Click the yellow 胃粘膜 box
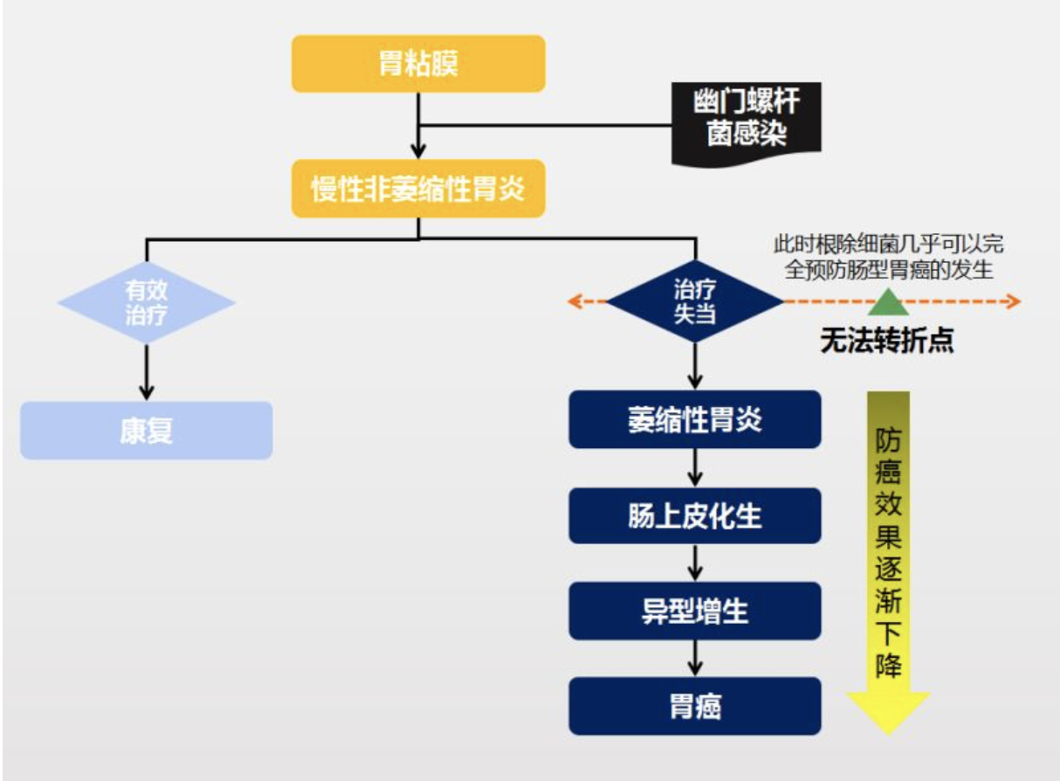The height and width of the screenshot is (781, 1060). click(x=418, y=64)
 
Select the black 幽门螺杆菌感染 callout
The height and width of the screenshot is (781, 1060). click(x=747, y=123)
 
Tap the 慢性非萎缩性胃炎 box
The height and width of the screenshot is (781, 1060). click(x=418, y=188)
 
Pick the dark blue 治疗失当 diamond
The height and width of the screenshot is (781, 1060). click(x=695, y=302)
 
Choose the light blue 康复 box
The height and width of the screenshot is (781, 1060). click(x=147, y=431)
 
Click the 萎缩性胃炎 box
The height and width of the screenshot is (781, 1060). click(x=695, y=419)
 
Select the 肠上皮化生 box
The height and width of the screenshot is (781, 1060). click(x=695, y=516)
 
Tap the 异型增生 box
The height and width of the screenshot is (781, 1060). click(x=695, y=611)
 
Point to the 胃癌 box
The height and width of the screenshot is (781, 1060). click(x=695, y=706)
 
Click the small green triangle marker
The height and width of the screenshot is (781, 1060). click(x=888, y=301)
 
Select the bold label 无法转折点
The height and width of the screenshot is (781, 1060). click(x=886, y=341)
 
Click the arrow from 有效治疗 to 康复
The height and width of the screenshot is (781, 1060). click(x=147, y=371)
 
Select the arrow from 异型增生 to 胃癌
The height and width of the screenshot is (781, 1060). click(x=695, y=658)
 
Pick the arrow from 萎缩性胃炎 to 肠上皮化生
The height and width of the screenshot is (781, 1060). click(x=695, y=468)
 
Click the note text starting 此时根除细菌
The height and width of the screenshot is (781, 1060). click(x=888, y=256)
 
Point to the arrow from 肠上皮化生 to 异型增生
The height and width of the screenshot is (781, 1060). click(x=695, y=563)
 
